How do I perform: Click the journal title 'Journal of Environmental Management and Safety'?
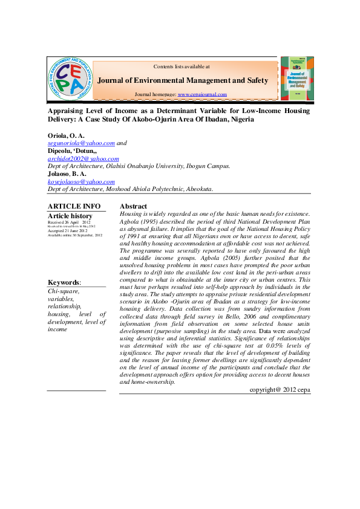click(183, 80)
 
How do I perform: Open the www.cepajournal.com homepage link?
click(202, 95)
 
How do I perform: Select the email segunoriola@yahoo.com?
click(81, 143)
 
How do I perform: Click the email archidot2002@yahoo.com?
click(83, 159)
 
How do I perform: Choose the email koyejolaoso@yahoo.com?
click(81, 181)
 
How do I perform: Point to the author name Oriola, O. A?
click(66, 135)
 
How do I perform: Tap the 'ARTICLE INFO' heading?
click(74, 207)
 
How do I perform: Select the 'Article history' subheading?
click(70, 216)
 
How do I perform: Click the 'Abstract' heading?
click(133, 207)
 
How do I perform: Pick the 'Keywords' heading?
click(64, 282)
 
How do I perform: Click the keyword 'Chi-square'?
click(62, 291)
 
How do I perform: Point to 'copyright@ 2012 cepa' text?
click(280, 390)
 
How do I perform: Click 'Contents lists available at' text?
click(182, 66)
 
